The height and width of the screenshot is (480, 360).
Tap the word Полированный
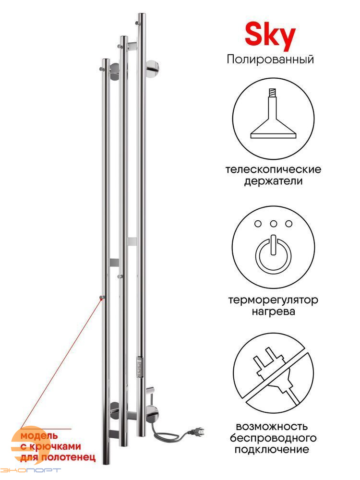(270, 60)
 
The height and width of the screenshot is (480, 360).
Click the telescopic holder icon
(273, 114)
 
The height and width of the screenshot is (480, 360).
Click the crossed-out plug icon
(273, 374)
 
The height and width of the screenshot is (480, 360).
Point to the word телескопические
(274, 169)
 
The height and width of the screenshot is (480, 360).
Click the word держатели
(274, 181)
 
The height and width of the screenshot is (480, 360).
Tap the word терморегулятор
(273, 300)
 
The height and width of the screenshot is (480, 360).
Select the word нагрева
(274, 312)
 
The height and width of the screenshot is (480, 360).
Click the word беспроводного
(273, 438)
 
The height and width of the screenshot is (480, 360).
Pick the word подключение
(272, 449)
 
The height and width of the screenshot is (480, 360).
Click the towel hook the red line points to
(102, 297)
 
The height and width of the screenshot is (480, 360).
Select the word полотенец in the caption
(68, 457)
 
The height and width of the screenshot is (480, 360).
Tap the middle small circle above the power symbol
(274, 224)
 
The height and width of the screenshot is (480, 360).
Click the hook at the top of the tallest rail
(138, 23)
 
